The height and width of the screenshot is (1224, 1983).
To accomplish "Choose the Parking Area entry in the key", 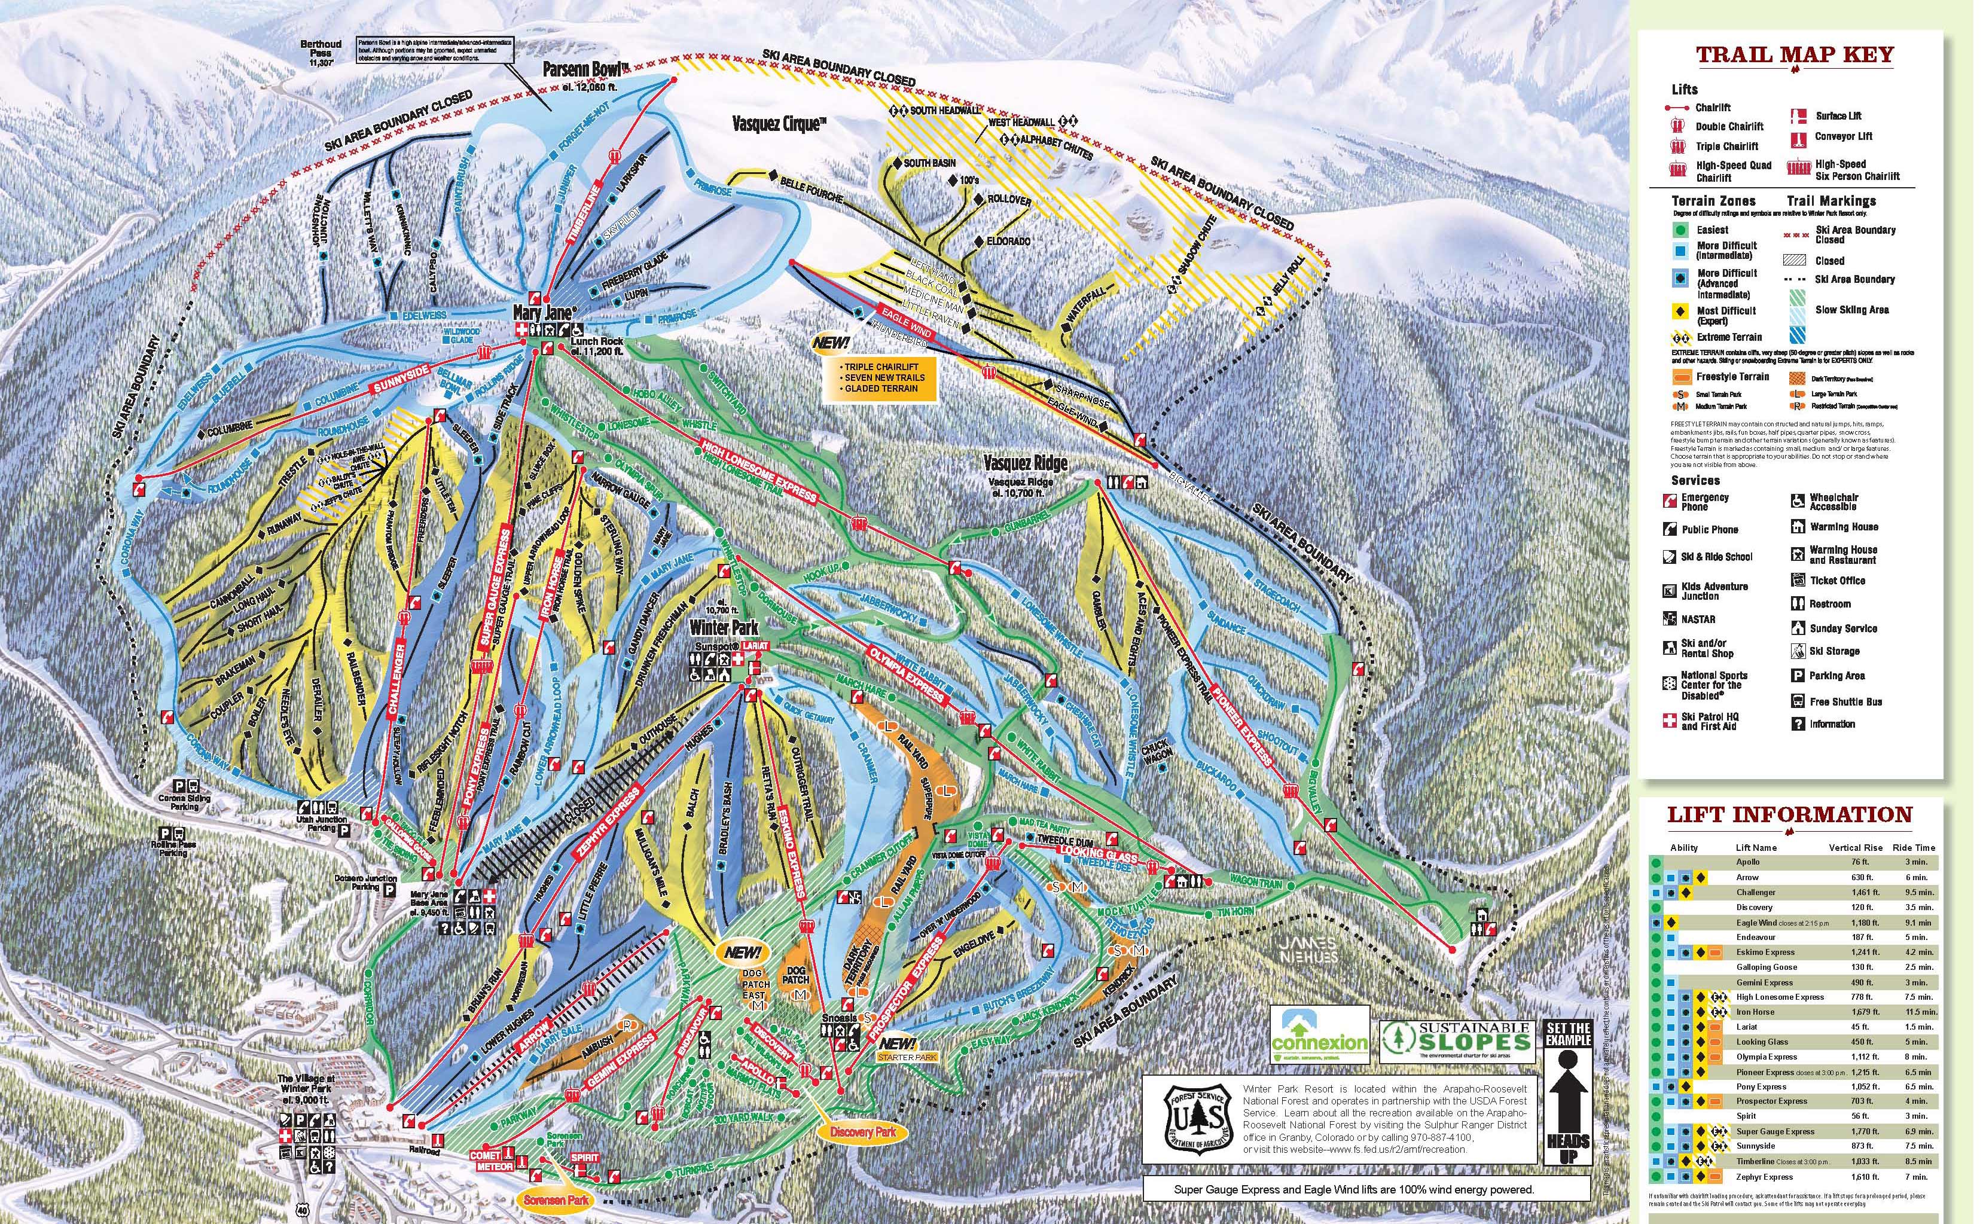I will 1836,675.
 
